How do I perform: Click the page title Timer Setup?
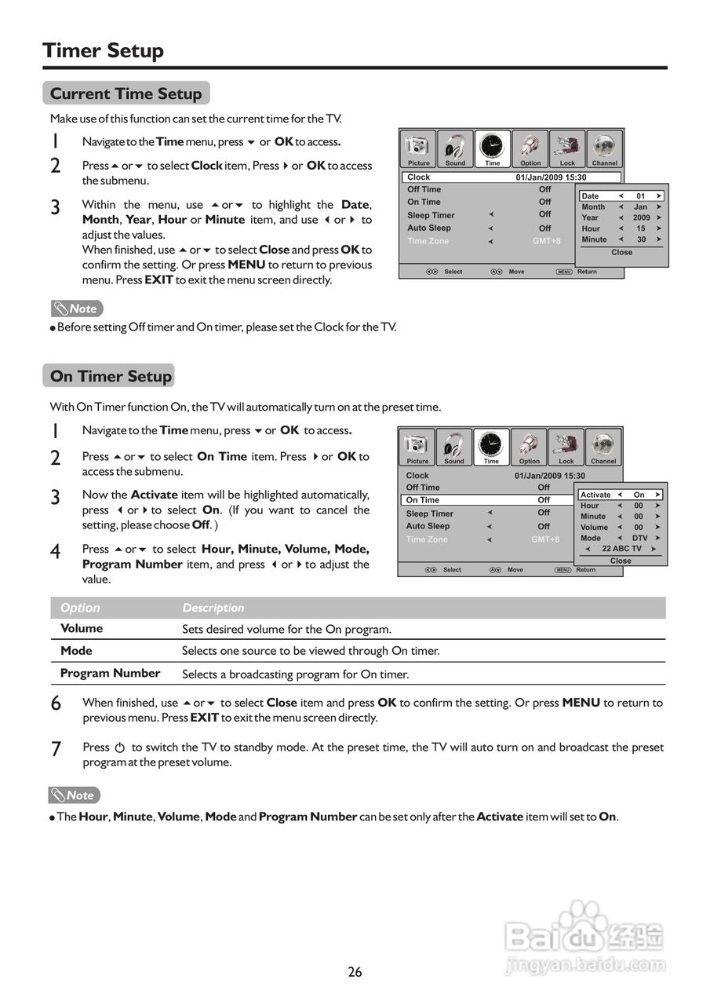click(x=103, y=51)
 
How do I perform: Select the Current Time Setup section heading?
click(x=126, y=93)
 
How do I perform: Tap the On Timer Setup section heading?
click(x=110, y=376)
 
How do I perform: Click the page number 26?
click(x=355, y=972)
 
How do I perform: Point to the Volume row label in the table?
click(x=82, y=628)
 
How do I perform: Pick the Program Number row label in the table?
click(x=110, y=673)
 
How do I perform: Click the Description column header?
click(x=213, y=608)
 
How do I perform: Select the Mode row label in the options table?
click(x=76, y=651)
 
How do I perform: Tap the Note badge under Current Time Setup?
click(x=77, y=309)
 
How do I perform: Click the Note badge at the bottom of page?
click(x=75, y=795)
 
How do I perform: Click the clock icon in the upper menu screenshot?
click(x=492, y=146)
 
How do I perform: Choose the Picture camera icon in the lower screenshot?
click(x=417, y=445)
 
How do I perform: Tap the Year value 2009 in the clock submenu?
click(x=641, y=217)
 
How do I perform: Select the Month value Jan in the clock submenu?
click(x=641, y=206)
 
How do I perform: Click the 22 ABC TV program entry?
click(x=621, y=549)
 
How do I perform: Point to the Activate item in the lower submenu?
click(x=595, y=495)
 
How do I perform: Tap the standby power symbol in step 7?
click(x=120, y=747)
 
